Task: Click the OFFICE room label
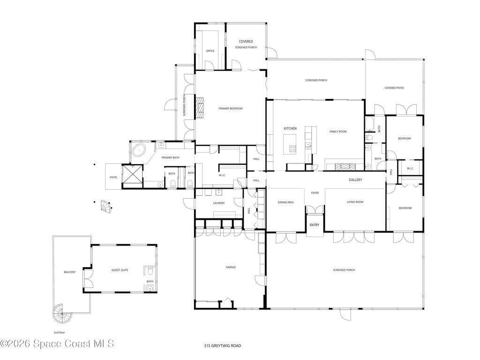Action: [210, 51]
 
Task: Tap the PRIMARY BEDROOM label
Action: [230, 108]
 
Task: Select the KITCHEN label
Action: [290, 128]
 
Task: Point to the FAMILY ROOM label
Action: [337, 132]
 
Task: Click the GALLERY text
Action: [355, 180]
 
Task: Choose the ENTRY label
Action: [314, 225]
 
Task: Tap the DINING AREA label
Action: [285, 202]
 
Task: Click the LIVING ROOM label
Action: [355, 202]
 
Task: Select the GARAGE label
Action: [231, 267]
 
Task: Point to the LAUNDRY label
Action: [218, 203]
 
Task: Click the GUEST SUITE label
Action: [120, 270]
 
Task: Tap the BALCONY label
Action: [69, 272]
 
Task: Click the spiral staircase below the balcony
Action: [62, 313]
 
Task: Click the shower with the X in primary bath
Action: [132, 176]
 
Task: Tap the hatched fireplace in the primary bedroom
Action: [200, 107]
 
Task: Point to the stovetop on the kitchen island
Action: [292, 149]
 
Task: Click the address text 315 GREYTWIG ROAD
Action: [223, 346]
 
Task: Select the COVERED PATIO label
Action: [394, 88]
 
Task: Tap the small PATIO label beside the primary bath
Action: [113, 177]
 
